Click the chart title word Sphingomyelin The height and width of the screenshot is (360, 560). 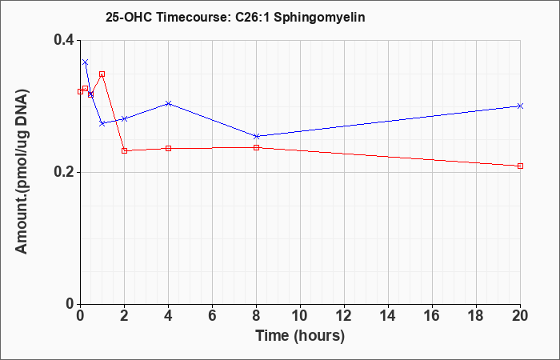pyautogui.click(x=319, y=18)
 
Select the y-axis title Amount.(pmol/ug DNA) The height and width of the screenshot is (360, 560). pyautogui.click(x=22, y=171)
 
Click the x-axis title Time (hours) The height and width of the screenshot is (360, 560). pyautogui.click(x=300, y=336)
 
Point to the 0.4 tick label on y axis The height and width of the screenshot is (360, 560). pyautogui.click(x=64, y=40)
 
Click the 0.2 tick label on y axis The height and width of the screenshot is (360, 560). pyautogui.click(x=64, y=172)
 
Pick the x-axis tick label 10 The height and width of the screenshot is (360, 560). pyautogui.click(x=300, y=316)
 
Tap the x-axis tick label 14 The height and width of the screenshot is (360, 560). pyautogui.click(x=388, y=316)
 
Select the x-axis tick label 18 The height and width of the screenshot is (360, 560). pyautogui.click(x=476, y=316)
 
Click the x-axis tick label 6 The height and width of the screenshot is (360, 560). pyautogui.click(x=212, y=316)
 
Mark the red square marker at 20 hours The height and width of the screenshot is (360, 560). pyautogui.click(x=520, y=166)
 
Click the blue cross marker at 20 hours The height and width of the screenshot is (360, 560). pyautogui.click(x=520, y=106)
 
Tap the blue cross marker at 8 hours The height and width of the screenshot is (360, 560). pyautogui.click(x=257, y=137)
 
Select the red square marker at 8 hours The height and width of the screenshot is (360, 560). pyautogui.click(x=257, y=147)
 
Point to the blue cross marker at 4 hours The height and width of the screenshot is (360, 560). pyautogui.click(x=169, y=103)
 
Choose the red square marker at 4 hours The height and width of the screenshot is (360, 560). pyautogui.click(x=169, y=148)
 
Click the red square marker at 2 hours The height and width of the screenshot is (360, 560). pyautogui.click(x=124, y=150)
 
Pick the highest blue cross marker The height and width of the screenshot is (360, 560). pyautogui.click(x=85, y=62)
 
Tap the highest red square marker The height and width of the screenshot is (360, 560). pyautogui.click(x=102, y=74)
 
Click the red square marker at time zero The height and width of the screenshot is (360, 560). pyautogui.click(x=80, y=91)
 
